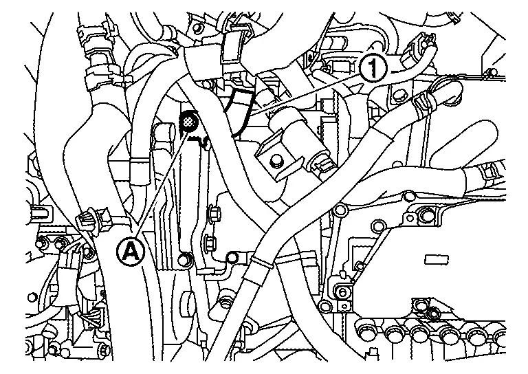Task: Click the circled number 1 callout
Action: [x=373, y=68]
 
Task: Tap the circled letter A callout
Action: [x=131, y=252]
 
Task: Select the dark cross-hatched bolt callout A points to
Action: [x=188, y=122]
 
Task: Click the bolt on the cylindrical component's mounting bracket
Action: [x=276, y=161]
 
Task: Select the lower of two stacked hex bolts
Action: [x=210, y=242]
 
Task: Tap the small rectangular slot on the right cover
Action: [x=437, y=260]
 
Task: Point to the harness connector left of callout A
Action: [x=92, y=222]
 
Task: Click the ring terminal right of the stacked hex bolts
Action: [x=232, y=258]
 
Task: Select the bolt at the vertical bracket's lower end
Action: [x=184, y=260]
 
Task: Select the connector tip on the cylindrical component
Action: [x=322, y=164]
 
